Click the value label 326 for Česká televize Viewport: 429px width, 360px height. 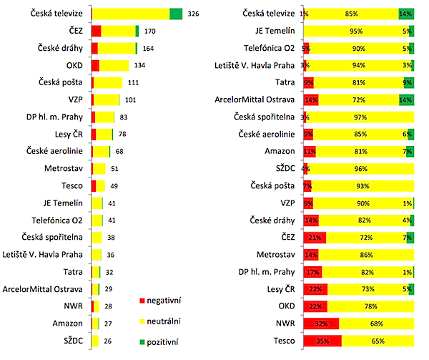193,14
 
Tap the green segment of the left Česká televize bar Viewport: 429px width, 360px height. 175,14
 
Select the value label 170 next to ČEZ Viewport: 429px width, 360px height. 149,31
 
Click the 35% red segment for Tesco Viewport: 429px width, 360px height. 322,339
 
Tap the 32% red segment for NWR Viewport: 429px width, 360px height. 320,322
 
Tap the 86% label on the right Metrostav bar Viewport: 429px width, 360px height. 368,253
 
